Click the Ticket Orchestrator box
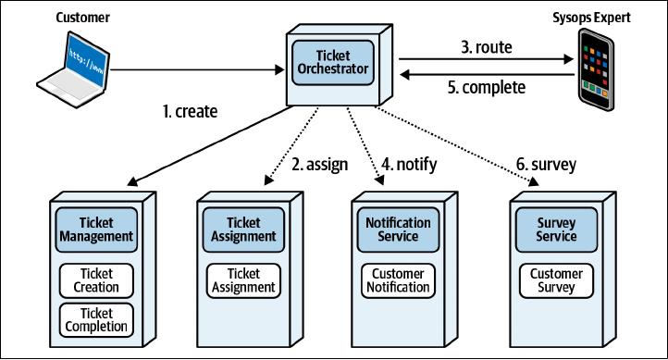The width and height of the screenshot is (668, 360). (x=333, y=63)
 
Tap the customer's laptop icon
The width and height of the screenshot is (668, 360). (x=73, y=69)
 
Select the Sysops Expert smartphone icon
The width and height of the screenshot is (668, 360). (x=596, y=69)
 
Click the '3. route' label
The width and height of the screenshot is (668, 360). (x=487, y=47)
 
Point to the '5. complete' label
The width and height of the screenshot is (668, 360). (x=487, y=87)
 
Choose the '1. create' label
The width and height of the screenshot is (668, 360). (x=190, y=112)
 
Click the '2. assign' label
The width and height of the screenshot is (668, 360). (x=319, y=165)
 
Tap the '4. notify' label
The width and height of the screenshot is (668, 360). (x=409, y=165)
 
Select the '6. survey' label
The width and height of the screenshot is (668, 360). (x=546, y=165)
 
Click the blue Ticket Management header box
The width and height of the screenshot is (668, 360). (x=96, y=230)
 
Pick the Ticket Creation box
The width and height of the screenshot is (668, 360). (x=96, y=280)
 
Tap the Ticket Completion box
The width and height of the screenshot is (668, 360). (x=96, y=320)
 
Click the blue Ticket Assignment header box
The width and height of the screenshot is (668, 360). (x=243, y=230)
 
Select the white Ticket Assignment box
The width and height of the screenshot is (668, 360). (x=243, y=280)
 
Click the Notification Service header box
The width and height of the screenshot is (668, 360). (x=398, y=230)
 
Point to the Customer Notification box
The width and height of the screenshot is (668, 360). (x=398, y=280)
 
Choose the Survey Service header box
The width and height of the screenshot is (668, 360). (x=556, y=230)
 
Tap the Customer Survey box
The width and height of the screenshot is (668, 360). (x=556, y=280)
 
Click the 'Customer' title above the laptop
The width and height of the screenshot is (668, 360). (x=82, y=18)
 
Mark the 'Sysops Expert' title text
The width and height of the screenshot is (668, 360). (x=591, y=18)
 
